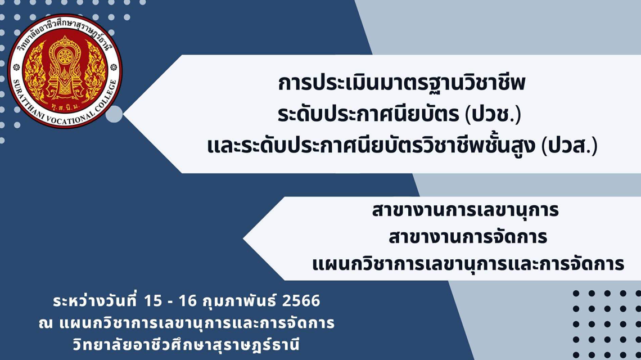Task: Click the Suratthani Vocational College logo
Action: coord(65,71)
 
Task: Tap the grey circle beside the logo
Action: coord(114,114)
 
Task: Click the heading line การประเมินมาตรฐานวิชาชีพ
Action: coord(401,84)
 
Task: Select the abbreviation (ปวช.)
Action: coord(493,115)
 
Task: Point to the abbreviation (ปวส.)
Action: coord(569,146)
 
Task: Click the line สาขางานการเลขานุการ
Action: coord(465,211)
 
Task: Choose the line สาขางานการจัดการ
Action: coord(468,237)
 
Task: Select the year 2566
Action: coord(301,301)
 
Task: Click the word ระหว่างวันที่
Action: coord(96,301)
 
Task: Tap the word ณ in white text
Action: coord(46,324)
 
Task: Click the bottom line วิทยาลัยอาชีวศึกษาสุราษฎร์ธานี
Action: coord(187,344)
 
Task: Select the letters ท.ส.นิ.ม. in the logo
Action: coord(65,107)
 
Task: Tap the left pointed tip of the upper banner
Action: coord(124,115)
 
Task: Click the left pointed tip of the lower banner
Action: coord(243,238)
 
